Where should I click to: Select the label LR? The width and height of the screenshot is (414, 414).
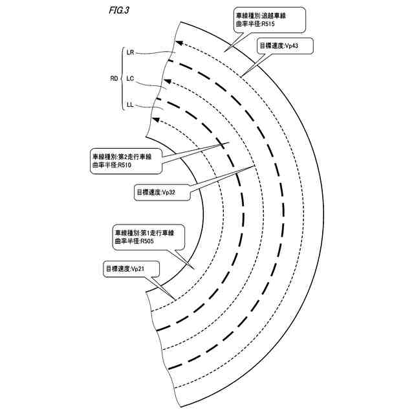(x=130, y=52)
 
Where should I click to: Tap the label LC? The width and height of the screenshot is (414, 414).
(x=130, y=78)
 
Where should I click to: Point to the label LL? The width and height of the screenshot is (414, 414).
(x=130, y=103)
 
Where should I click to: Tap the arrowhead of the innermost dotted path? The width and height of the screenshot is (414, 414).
(x=156, y=120)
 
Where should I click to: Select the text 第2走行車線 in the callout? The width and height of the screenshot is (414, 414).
(x=138, y=156)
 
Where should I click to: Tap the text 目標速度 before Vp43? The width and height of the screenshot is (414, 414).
(x=270, y=46)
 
